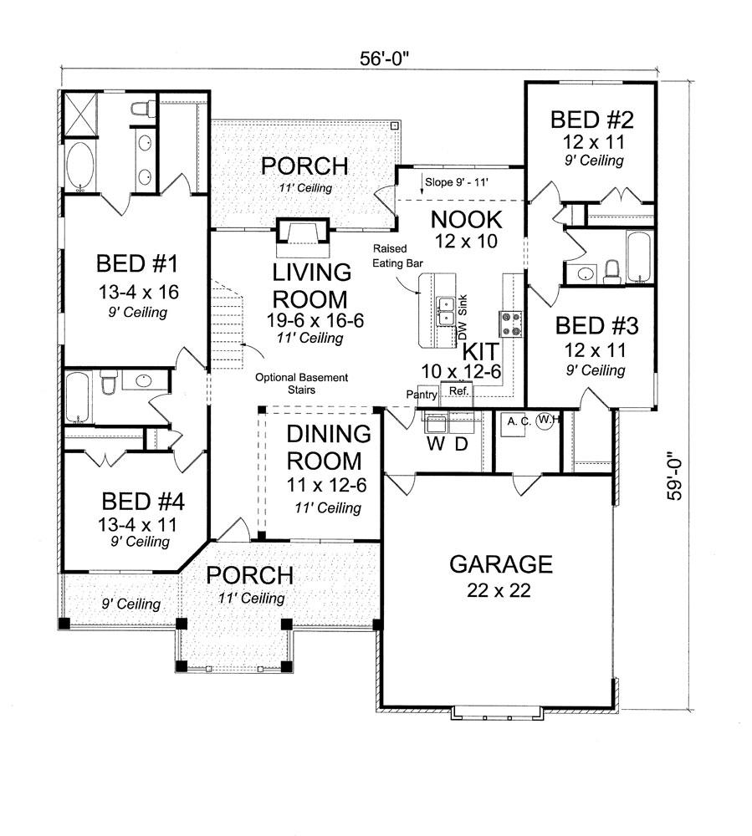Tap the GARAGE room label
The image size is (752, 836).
tap(501, 564)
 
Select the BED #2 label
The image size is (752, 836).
tap(586, 120)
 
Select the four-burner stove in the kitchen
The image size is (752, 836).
tap(510, 323)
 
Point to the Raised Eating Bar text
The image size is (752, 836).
tap(391, 256)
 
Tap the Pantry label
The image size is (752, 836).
tap(423, 394)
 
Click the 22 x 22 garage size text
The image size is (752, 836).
tap(501, 591)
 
